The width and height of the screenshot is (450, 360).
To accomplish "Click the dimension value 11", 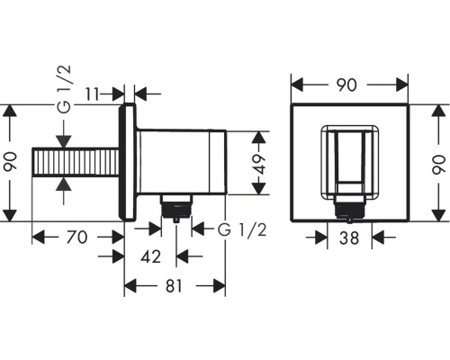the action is point(92,94).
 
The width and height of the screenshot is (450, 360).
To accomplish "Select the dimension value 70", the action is point(76,237).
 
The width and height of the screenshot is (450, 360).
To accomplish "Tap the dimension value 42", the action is point(150,256).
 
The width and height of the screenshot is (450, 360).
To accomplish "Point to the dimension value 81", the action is point(174,286).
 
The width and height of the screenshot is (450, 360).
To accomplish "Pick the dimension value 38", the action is point(349,238).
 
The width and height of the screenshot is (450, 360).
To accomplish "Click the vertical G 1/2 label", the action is point(64,89).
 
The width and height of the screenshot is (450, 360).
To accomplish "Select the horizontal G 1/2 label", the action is point(242,230).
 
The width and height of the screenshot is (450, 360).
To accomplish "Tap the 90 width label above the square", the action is point(346,85).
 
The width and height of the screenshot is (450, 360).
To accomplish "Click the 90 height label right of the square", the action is point(438,164).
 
